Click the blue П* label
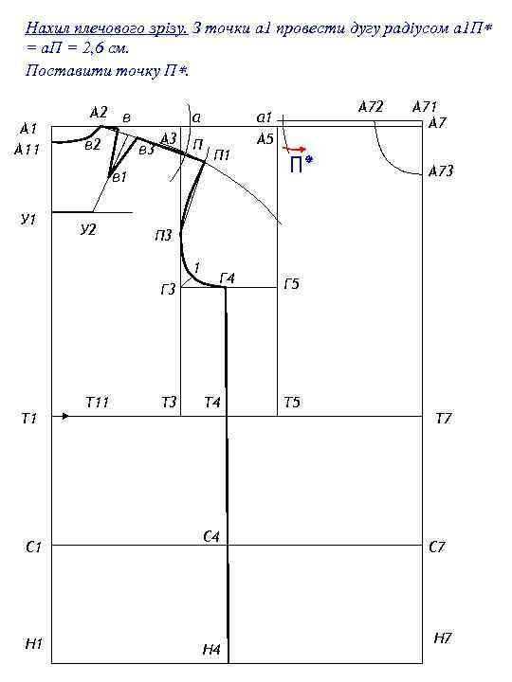[302, 164]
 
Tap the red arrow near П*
[295, 150]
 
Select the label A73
[441, 170]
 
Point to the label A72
[371, 106]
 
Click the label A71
[425, 106]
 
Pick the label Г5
[291, 284]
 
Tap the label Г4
[228, 278]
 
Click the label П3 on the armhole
[163, 236]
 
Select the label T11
[97, 403]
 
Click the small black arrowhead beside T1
[65, 416]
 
